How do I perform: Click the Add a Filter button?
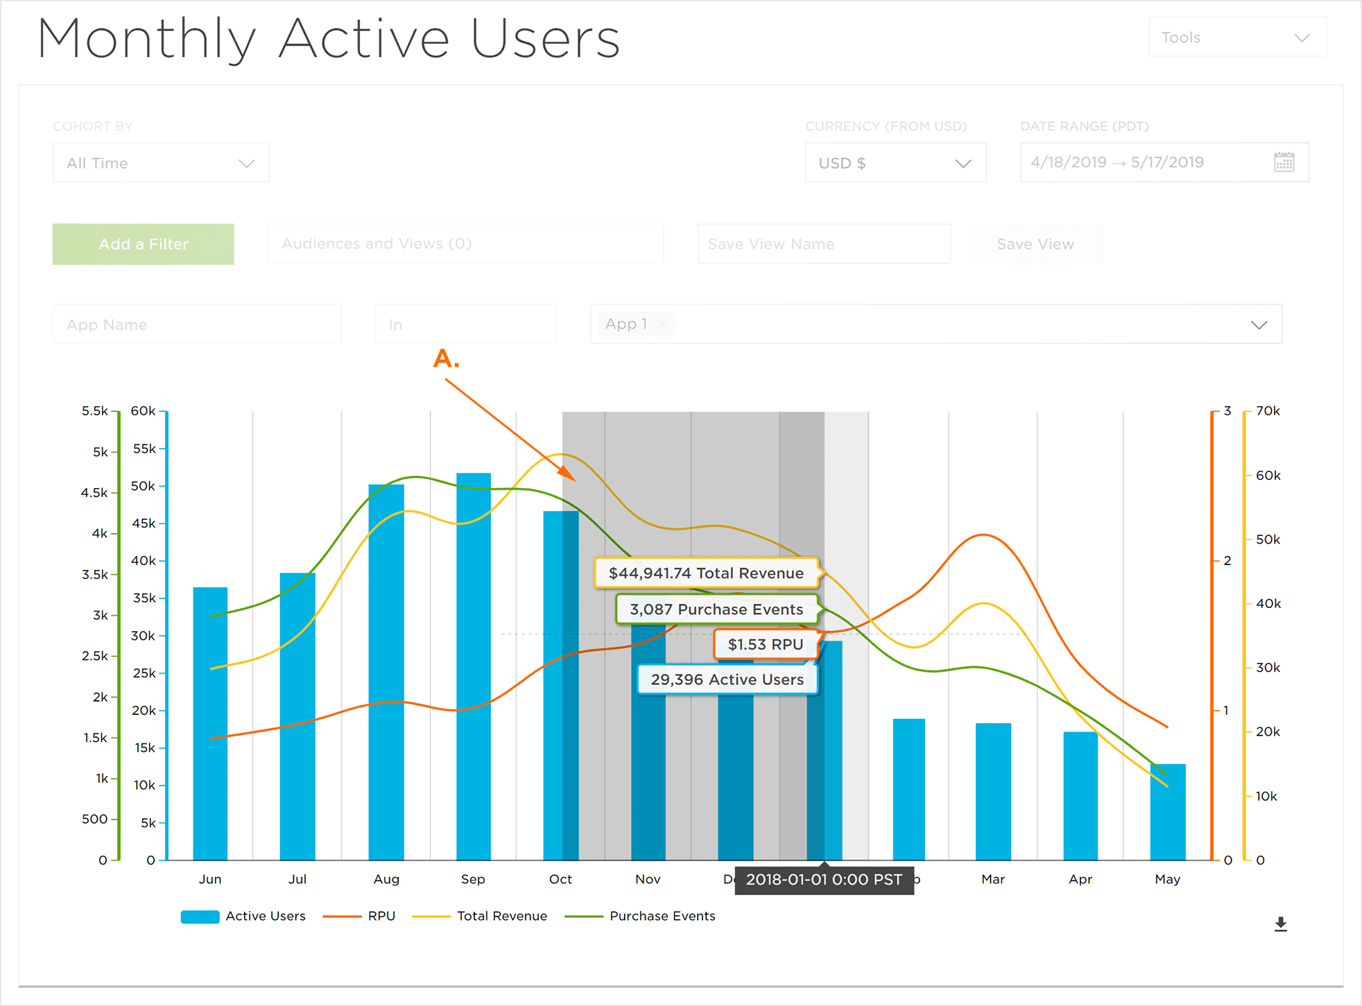pyautogui.click(x=143, y=244)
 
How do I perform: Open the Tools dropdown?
pyautogui.click(x=1236, y=37)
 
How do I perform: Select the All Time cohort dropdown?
pyautogui.click(x=160, y=163)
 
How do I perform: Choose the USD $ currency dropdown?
pyautogui.click(x=895, y=163)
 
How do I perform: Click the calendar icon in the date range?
pyautogui.click(x=1284, y=162)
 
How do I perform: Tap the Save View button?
pyautogui.click(x=1035, y=244)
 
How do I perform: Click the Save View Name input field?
pyautogui.click(x=823, y=244)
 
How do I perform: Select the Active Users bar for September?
pyautogui.click(x=474, y=666)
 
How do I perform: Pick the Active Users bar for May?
pyautogui.click(x=1168, y=811)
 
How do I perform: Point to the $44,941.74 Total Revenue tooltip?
pyautogui.click(x=706, y=573)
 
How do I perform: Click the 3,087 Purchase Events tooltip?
pyautogui.click(x=716, y=609)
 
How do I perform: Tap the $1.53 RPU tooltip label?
pyautogui.click(x=766, y=645)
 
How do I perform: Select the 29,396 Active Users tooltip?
pyautogui.click(x=727, y=679)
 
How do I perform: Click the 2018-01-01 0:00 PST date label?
pyautogui.click(x=824, y=880)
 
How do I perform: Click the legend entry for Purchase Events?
pyautogui.click(x=662, y=916)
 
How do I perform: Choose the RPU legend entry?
pyautogui.click(x=381, y=916)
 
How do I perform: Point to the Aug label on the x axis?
pyautogui.click(x=386, y=879)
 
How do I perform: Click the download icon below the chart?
pyautogui.click(x=1280, y=924)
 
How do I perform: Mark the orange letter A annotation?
pyautogui.click(x=446, y=359)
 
